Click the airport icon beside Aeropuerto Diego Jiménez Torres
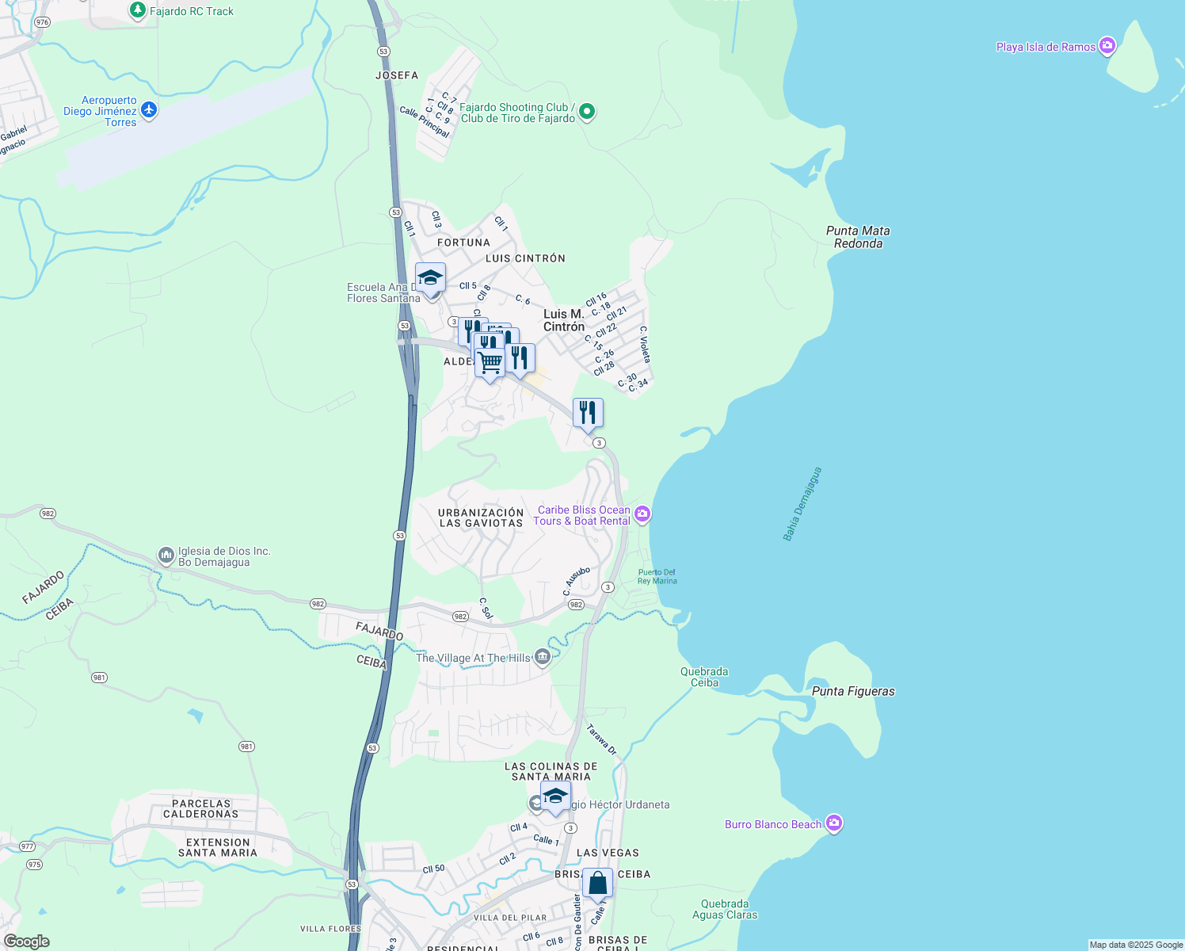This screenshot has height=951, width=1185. [x=148, y=110]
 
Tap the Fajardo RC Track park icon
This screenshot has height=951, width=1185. [x=138, y=10]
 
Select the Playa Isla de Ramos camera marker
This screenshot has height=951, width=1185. [x=1107, y=46]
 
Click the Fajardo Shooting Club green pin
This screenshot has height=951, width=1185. [x=587, y=112]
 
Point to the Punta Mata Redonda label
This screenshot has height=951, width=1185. [x=858, y=237]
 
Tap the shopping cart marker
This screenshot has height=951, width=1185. [x=490, y=363]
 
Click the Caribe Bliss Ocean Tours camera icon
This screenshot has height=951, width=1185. [x=642, y=514]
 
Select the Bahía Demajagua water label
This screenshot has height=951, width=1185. [x=802, y=504]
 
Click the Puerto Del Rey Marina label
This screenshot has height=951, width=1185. [x=657, y=576]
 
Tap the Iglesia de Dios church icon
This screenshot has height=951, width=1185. [x=166, y=555]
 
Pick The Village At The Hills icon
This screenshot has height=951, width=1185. [x=542, y=656]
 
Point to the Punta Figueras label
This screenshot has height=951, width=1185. [x=853, y=691]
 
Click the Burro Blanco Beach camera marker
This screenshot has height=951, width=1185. [x=833, y=823]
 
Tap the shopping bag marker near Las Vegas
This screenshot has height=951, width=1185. [x=597, y=883]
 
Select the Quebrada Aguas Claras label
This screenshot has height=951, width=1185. [x=725, y=909]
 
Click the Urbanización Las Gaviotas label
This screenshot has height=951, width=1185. [x=481, y=518]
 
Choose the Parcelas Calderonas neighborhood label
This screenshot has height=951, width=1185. [x=201, y=808]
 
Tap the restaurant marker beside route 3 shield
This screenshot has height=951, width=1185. [x=588, y=413]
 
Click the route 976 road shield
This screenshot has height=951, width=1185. [x=42, y=22]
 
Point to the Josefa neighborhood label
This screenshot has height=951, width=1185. [x=397, y=75]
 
